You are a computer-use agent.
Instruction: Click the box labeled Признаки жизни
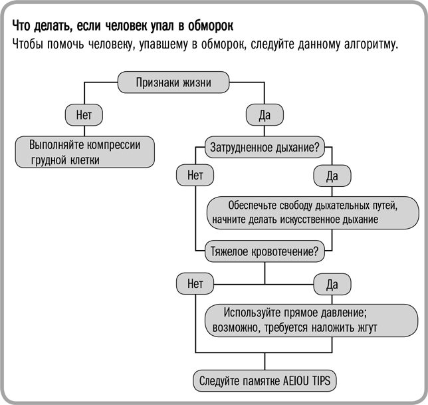coord(173,83)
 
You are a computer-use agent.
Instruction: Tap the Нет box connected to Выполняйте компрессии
coord(84,114)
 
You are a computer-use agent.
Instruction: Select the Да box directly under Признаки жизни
coord(265,114)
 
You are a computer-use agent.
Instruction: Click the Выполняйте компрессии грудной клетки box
coord(86,152)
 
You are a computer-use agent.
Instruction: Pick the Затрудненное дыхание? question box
coord(265,145)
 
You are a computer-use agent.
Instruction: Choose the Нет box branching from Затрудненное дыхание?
coord(195,176)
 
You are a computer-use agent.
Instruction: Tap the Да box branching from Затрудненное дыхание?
coord(332,176)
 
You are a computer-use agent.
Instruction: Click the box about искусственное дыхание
coord(312,212)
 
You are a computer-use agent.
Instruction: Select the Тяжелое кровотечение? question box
coord(265,252)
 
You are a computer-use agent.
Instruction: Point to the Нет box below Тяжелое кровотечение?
coord(195,284)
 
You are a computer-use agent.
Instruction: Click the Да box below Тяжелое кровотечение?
coord(332,285)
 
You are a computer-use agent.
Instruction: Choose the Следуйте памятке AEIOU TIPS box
coord(265,381)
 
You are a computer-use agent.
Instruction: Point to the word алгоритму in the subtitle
coord(368,46)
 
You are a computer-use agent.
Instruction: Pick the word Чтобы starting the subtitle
coord(30,46)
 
